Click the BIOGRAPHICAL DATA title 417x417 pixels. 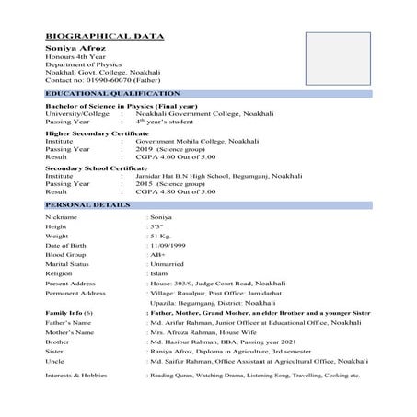click(x=104, y=36)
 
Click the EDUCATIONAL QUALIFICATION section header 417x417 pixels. click(x=112, y=94)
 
